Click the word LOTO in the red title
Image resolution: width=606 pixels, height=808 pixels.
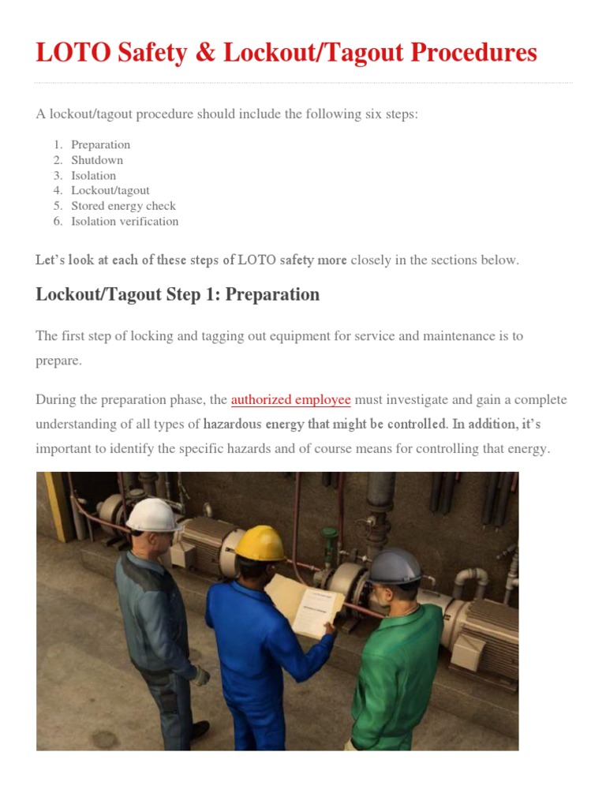click(x=68, y=53)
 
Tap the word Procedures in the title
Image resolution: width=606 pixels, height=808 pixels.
click(x=469, y=53)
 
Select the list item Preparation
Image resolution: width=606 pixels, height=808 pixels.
click(x=100, y=144)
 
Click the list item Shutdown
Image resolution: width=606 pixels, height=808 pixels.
click(x=97, y=160)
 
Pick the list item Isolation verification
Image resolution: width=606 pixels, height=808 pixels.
click(x=125, y=222)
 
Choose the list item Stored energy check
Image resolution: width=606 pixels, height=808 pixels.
click(x=123, y=206)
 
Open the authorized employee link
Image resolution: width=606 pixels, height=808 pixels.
click(x=290, y=399)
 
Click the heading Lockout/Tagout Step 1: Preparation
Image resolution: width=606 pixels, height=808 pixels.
click(x=178, y=295)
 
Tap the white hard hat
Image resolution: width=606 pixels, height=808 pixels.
click(x=151, y=515)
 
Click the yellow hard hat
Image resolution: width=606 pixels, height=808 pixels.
click(x=260, y=542)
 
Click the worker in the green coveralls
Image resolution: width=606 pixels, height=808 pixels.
click(x=398, y=663)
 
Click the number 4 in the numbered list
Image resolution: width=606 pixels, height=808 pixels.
click(x=58, y=191)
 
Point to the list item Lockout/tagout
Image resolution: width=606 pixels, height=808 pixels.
click(x=110, y=191)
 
